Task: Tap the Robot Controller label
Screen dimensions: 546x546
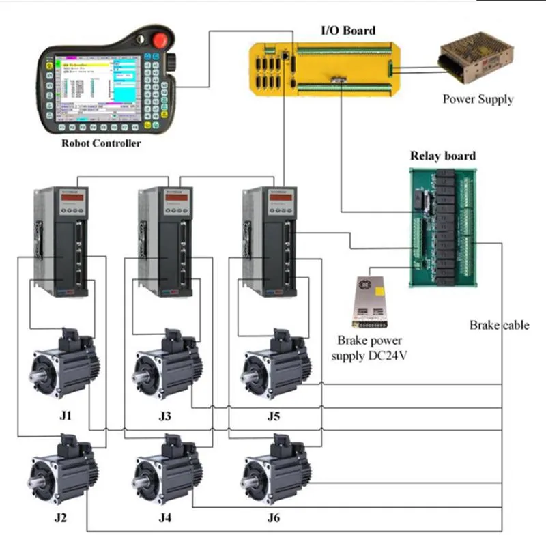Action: tap(101, 144)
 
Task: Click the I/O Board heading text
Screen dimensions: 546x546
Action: tap(348, 31)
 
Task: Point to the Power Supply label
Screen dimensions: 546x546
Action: tap(478, 100)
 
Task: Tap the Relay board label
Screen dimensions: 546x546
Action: tap(443, 156)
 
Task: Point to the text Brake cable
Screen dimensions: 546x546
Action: tap(499, 326)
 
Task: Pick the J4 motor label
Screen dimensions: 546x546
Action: tap(165, 518)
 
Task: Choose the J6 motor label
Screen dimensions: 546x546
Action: tap(273, 518)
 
